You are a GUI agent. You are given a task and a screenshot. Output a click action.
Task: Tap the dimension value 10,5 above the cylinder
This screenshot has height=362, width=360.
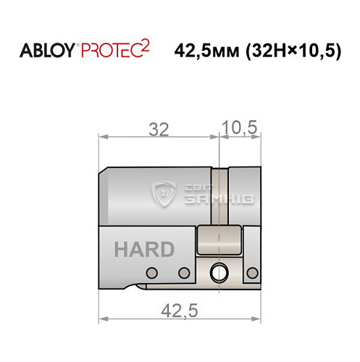pos(240,128)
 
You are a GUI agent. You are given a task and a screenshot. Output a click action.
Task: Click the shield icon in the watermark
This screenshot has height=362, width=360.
pos(166,195)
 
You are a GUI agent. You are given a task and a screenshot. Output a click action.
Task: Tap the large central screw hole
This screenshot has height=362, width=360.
pos(217,273)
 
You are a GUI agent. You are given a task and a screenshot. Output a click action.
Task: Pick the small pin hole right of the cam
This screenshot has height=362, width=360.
pos(253,272)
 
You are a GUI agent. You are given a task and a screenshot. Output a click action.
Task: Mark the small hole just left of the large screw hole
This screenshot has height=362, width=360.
pos(184,272)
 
